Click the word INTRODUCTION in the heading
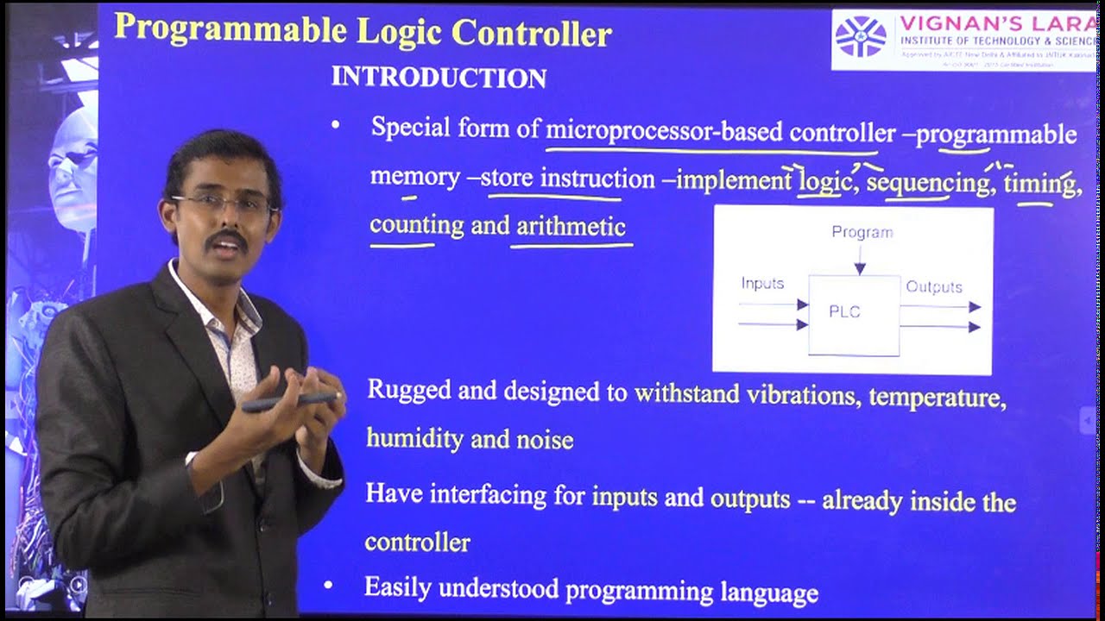[439, 78]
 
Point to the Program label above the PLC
[862, 232]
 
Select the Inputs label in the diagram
[762, 283]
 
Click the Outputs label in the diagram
[933, 286]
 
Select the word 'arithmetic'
[571, 226]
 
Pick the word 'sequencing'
[928, 183]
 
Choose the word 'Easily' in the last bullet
[398, 587]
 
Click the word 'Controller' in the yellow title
[532, 33]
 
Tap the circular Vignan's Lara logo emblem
[861, 38]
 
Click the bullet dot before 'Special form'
[336, 126]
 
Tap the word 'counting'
[417, 225]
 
